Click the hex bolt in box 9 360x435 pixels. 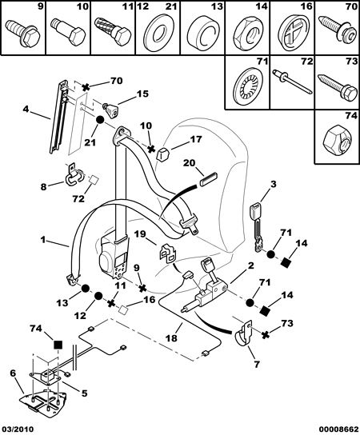[x=23, y=34]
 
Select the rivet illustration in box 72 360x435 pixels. [x=293, y=82]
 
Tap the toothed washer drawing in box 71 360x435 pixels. [x=247, y=86]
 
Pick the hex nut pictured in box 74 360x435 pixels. [x=337, y=141]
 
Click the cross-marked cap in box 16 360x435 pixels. [x=293, y=33]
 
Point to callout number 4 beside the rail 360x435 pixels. [x=26, y=110]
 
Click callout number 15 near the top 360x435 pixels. [x=142, y=94]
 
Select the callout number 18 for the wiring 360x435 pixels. [x=171, y=338]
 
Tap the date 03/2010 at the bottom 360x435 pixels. [x=17, y=429]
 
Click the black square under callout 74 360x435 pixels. [x=58, y=345]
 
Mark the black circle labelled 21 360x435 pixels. [x=100, y=120]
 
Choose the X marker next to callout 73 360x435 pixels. [x=266, y=334]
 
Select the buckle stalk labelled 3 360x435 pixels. [x=258, y=227]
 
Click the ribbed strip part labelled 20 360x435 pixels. [x=209, y=180]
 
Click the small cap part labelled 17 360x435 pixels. [x=162, y=154]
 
